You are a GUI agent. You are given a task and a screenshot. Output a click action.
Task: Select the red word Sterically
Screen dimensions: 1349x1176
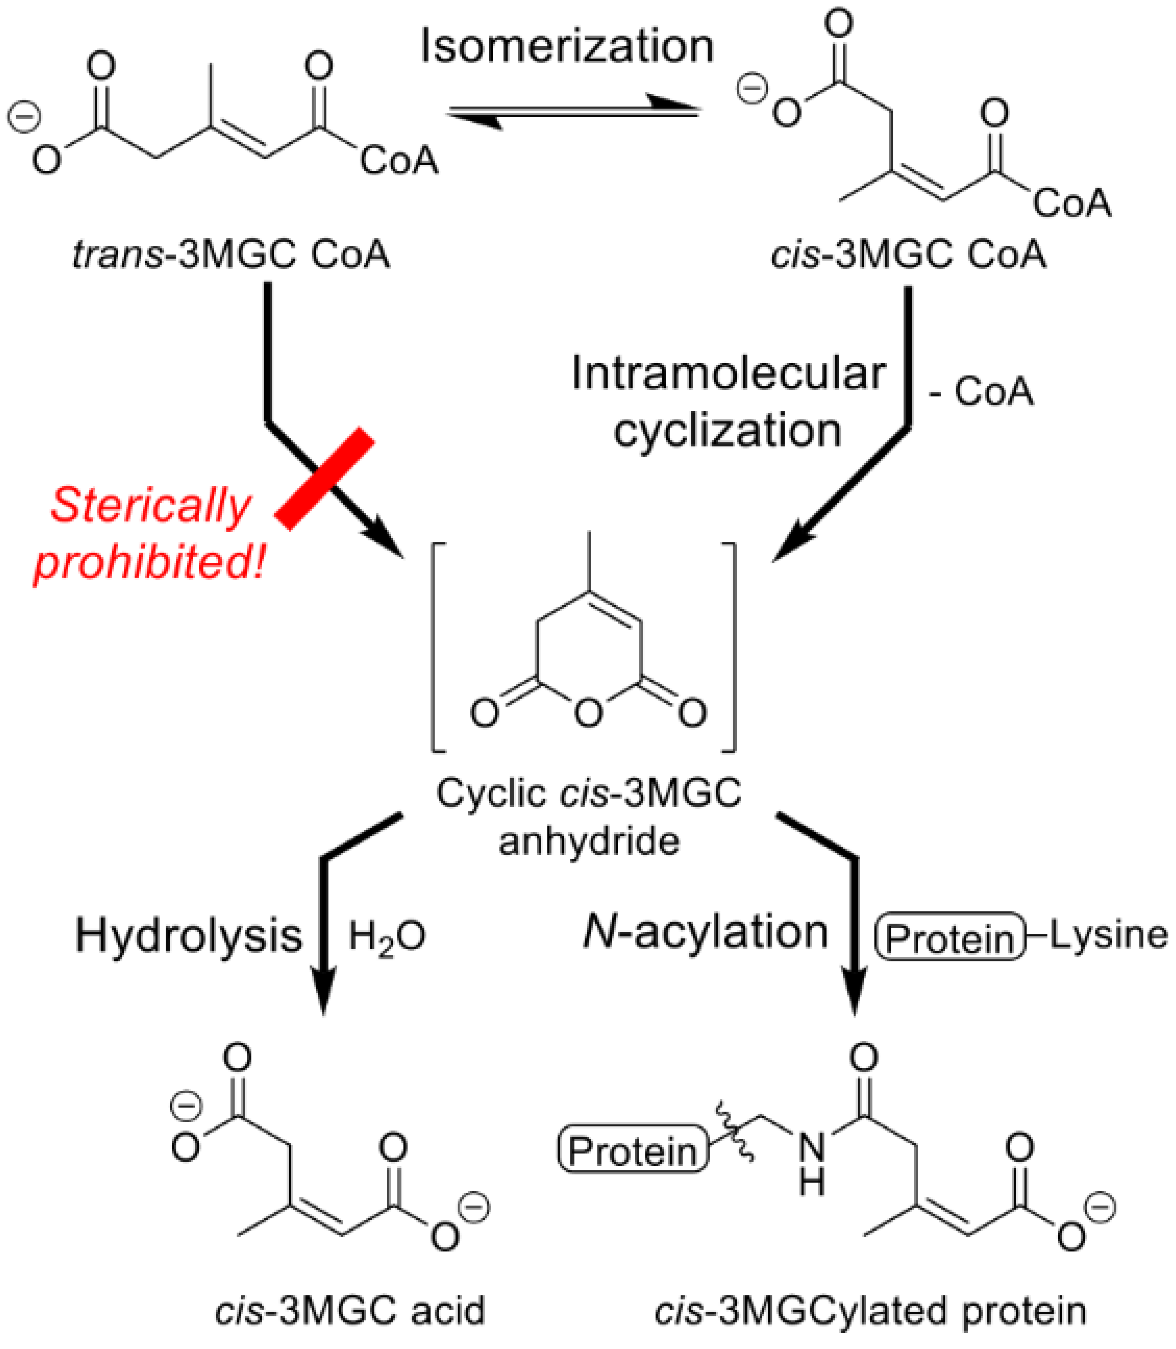tap(150, 506)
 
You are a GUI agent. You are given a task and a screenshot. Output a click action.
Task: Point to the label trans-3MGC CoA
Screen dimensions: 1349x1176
tap(231, 255)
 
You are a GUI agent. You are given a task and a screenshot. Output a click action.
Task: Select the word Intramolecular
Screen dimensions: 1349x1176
tap(728, 374)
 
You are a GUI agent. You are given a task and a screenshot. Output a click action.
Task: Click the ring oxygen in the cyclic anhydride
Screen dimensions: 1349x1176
tap(589, 712)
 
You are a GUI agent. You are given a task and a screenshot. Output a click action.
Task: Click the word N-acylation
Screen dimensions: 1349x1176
tap(705, 932)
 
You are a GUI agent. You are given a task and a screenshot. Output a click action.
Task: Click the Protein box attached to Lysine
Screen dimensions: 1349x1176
tap(950, 937)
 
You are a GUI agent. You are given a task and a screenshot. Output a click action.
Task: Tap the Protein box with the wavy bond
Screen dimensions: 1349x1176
tap(633, 1151)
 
